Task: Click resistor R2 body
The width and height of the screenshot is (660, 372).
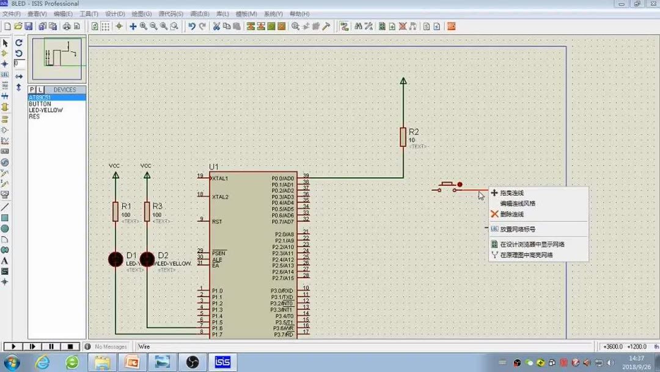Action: tap(403, 136)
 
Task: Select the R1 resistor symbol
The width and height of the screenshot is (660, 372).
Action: tap(116, 211)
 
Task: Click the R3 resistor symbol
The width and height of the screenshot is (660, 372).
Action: tap(147, 211)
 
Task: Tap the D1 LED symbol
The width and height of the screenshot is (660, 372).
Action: tap(116, 259)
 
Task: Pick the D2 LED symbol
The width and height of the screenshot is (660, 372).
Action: tap(147, 259)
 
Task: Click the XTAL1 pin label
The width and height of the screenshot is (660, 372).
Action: tap(220, 179)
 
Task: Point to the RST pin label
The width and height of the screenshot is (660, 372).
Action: tap(217, 221)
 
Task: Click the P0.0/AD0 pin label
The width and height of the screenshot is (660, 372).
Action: tap(282, 179)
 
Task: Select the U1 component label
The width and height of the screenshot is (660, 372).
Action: tap(214, 166)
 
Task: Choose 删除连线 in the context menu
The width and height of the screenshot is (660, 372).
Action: tap(512, 214)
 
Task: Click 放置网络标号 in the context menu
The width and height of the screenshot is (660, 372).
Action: tap(518, 229)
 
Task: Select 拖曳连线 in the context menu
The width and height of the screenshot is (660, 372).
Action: tap(512, 193)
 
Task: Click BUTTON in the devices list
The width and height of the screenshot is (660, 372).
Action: tap(40, 104)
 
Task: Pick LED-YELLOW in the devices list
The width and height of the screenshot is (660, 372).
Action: tap(46, 110)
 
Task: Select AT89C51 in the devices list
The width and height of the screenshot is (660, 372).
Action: tap(40, 98)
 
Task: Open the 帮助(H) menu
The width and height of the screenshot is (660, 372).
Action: tap(299, 13)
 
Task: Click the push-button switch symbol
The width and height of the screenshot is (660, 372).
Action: tap(447, 187)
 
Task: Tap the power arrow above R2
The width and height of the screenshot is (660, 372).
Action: tap(403, 81)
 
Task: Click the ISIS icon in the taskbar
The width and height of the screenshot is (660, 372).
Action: tap(222, 362)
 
